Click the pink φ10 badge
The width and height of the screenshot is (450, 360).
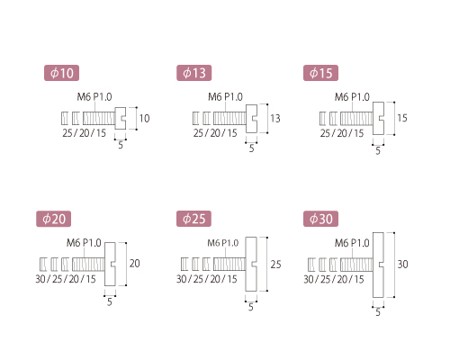click(61, 73)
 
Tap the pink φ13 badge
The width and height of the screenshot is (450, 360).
click(193, 73)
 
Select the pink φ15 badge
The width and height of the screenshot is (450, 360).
click(320, 73)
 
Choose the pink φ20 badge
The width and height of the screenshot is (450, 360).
click(54, 219)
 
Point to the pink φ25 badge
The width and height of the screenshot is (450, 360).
click(193, 219)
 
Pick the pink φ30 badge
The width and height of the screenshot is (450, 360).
click(320, 219)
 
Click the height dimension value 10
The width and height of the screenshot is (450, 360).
click(144, 119)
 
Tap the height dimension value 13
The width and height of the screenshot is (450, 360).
click(275, 119)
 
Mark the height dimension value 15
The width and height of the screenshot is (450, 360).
click(402, 118)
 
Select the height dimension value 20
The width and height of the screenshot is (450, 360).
click(135, 264)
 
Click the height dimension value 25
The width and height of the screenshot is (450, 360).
click(275, 265)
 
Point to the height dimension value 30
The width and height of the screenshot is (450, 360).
click(402, 265)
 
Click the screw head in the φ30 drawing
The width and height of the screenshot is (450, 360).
click(378, 265)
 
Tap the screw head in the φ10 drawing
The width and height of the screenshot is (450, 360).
click(121, 118)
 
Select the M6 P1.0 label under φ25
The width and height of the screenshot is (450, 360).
click(223, 243)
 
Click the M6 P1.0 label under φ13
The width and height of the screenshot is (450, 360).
click(225, 97)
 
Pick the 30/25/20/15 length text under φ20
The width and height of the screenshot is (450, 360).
click(66, 279)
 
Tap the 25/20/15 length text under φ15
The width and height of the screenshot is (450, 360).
click(342, 133)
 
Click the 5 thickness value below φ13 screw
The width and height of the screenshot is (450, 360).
click(251, 148)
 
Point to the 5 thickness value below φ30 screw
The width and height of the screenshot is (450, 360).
click(378, 312)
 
